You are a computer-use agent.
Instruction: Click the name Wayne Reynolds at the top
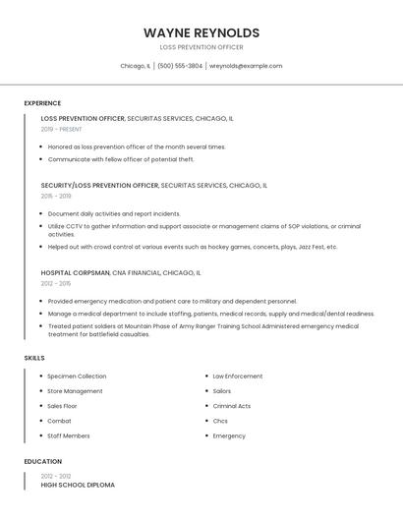(201, 32)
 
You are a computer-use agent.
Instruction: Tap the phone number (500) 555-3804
(180, 66)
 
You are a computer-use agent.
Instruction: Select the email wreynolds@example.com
(246, 66)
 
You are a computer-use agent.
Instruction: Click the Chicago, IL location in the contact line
(135, 66)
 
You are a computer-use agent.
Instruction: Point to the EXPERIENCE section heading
(42, 103)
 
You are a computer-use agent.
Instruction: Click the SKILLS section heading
(34, 358)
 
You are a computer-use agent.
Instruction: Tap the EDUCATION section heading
(42, 461)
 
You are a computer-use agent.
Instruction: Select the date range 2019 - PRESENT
(61, 129)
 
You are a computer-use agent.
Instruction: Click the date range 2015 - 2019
(56, 196)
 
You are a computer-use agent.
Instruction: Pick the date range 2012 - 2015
(56, 283)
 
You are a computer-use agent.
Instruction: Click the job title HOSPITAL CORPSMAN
(76, 272)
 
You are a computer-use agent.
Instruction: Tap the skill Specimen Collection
(77, 376)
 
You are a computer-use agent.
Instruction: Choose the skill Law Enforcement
(238, 376)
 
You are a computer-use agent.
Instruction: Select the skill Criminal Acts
(232, 406)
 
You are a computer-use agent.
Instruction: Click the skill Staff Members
(69, 435)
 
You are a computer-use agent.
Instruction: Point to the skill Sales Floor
(62, 406)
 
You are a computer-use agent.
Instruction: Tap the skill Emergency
(229, 435)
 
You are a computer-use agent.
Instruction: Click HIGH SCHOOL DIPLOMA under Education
(78, 485)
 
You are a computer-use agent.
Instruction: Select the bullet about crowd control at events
(193, 247)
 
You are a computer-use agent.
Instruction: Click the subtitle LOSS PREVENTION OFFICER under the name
(201, 47)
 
